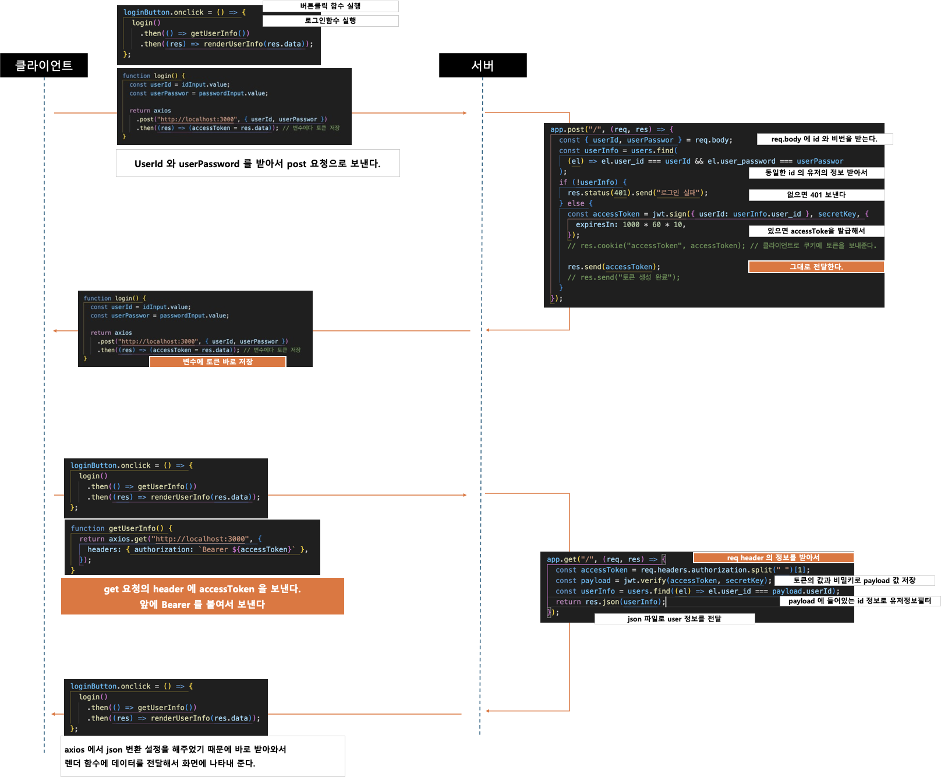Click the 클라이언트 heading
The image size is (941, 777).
[x=44, y=65]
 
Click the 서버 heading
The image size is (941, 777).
[x=482, y=66]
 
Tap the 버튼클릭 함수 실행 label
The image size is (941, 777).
[x=330, y=6]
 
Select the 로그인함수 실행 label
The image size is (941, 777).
[x=330, y=21]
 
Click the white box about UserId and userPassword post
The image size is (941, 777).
[x=257, y=164]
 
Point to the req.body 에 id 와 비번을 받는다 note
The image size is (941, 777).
[x=824, y=139]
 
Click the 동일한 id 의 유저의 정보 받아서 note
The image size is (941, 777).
[x=816, y=173]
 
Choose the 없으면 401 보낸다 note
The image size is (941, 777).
[x=816, y=195]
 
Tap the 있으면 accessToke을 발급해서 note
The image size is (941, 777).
[x=816, y=231]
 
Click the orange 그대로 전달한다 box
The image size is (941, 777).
[x=816, y=267]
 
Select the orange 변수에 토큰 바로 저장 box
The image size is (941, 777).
[x=217, y=362]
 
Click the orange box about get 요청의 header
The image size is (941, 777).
[x=202, y=596]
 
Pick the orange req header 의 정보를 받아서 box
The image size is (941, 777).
[x=773, y=558]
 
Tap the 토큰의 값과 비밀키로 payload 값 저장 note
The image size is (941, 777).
[x=854, y=581]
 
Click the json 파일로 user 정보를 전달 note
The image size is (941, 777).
[x=674, y=619]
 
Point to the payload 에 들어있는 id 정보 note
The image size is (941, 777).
[x=859, y=601]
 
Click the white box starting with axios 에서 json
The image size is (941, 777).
[x=202, y=756]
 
